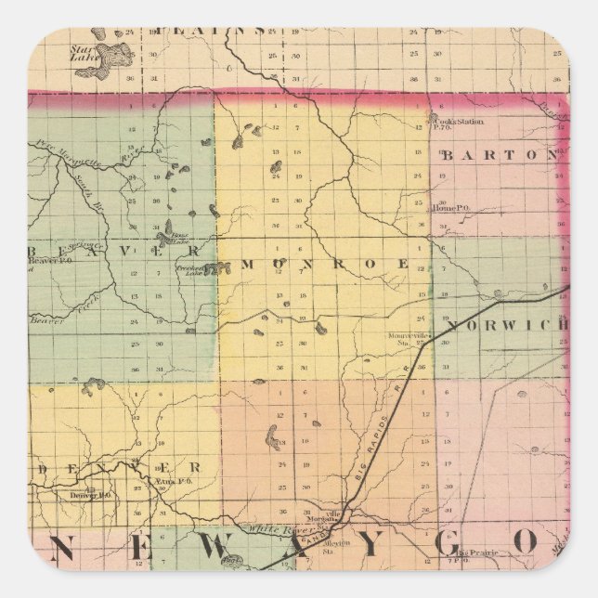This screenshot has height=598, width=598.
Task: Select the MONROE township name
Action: coord(325,265)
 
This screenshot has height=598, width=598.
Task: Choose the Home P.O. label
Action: coord(450,208)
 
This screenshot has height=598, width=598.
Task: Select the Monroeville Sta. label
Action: coord(409,339)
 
